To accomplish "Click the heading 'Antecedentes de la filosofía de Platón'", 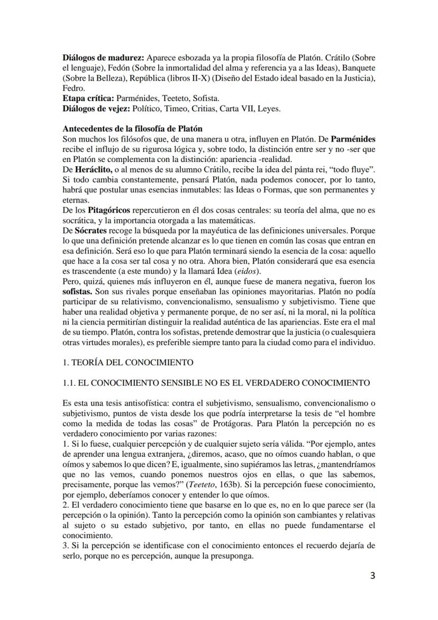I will (132, 129).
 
